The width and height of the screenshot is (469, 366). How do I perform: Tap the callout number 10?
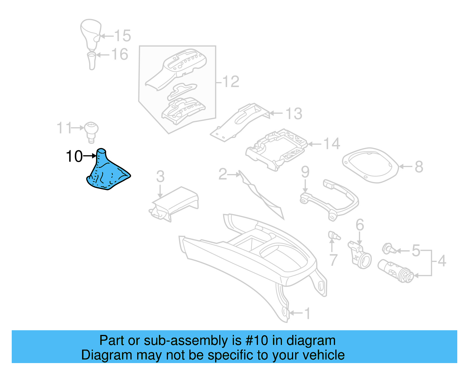pyautogui.click(x=74, y=156)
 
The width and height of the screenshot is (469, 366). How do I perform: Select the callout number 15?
pyautogui.click(x=123, y=36)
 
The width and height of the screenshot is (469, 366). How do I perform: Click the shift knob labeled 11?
pyautogui.click(x=91, y=131)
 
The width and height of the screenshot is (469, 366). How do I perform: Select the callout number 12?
pyautogui.click(x=231, y=81)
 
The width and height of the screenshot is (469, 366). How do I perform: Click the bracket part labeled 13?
pyautogui.click(x=239, y=122)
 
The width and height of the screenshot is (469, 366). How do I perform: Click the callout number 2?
pyautogui.click(x=223, y=174)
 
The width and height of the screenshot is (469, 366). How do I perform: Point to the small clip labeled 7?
pyautogui.click(x=334, y=235)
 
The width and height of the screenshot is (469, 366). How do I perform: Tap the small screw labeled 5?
pyautogui.click(x=388, y=248)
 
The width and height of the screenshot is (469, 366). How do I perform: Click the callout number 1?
pyautogui.click(x=307, y=314)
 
